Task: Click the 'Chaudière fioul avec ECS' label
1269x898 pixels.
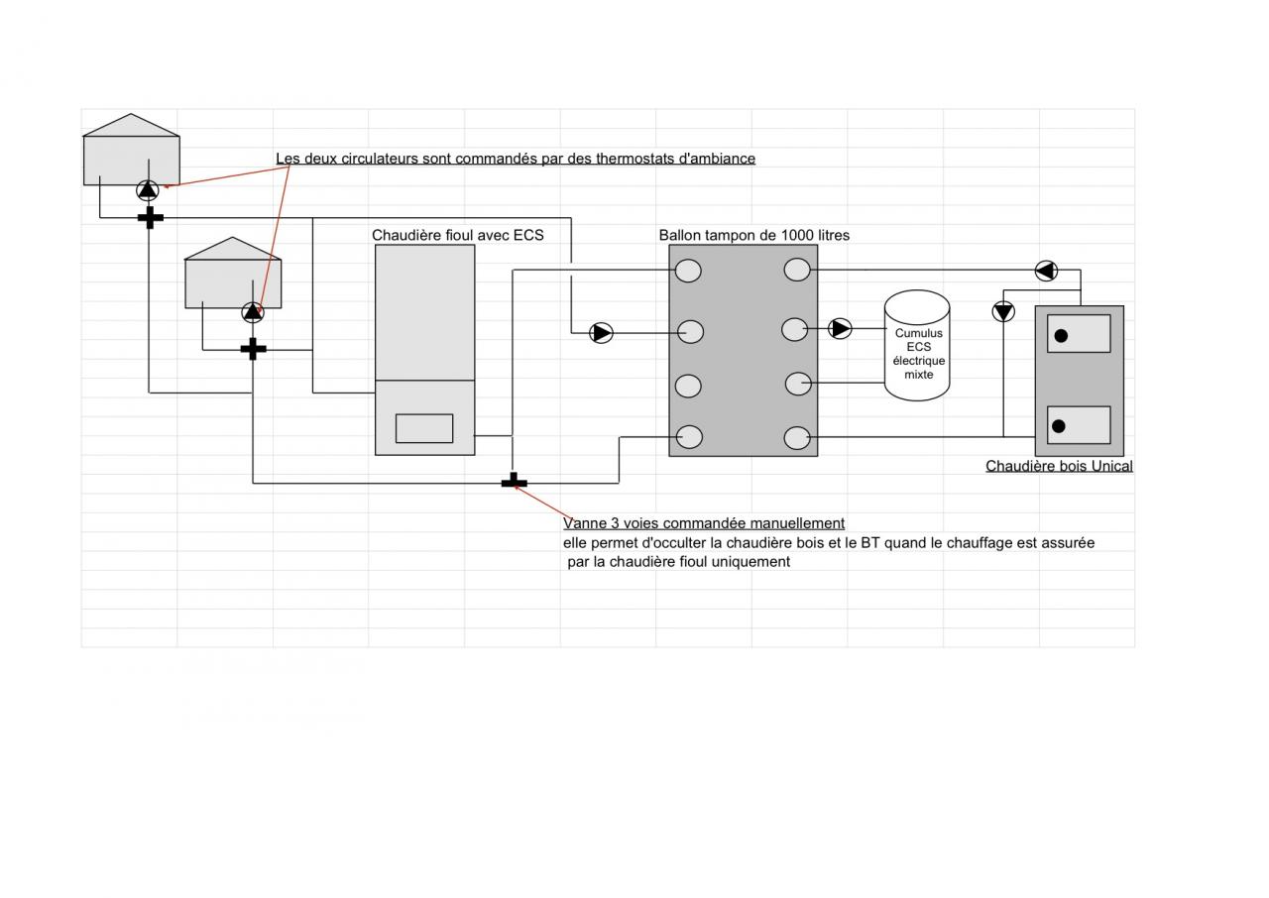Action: click(457, 235)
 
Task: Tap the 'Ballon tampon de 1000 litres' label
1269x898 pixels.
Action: click(753, 235)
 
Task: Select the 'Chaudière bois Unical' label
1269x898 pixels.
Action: click(1059, 466)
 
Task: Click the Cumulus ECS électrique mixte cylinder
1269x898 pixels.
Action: click(917, 346)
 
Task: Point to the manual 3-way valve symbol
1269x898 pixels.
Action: click(514, 482)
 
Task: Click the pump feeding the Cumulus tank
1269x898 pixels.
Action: click(840, 328)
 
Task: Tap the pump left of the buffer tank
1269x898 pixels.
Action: click(602, 333)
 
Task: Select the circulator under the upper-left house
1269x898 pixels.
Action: click(148, 189)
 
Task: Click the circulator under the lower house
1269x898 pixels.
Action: click(253, 312)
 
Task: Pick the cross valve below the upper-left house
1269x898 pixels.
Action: click(150, 217)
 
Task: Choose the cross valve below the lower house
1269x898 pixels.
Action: click(254, 349)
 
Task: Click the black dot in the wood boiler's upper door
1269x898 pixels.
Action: click(1061, 336)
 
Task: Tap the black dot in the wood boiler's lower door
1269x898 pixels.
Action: click(1059, 426)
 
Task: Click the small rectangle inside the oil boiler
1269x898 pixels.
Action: click(424, 428)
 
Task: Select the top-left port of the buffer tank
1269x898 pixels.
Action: click(688, 271)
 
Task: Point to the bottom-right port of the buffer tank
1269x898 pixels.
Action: click(797, 437)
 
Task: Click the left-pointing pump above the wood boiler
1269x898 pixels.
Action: click(1046, 271)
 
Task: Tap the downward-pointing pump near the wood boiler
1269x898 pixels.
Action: click(1003, 312)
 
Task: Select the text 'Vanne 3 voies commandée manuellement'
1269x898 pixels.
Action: click(704, 523)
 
